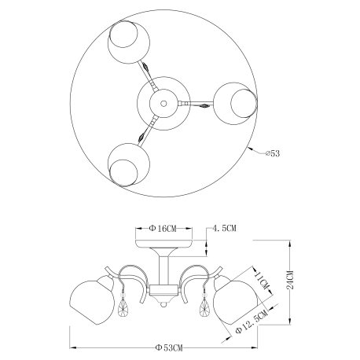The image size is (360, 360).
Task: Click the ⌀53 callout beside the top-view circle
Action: tap(273, 153)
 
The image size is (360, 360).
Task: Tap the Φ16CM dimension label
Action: tap(163, 229)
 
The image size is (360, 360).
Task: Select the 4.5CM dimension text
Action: tap(224, 228)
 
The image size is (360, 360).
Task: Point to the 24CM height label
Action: tap(290, 280)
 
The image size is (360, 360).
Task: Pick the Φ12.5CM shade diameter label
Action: tap(252, 321)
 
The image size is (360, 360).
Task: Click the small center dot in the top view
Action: tap(163, 104)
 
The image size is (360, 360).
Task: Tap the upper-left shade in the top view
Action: tap(129, 42)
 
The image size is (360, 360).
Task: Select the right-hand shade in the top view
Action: tap(235, 104)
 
